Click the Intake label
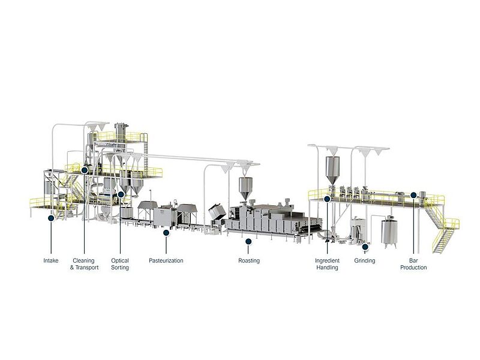51,260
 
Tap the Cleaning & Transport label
84,264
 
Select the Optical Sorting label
119,264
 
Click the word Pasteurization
166,260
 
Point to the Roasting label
249,260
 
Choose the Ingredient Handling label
327,264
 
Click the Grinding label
365,260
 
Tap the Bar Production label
413,264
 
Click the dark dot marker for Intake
51,218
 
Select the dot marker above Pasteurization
166,233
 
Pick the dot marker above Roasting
248,242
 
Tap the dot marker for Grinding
365,247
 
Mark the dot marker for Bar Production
413,194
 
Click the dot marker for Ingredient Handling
327,199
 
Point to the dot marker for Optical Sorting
121,194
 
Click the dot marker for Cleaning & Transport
85,170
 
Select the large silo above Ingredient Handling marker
332,170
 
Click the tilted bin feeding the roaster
217,212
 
